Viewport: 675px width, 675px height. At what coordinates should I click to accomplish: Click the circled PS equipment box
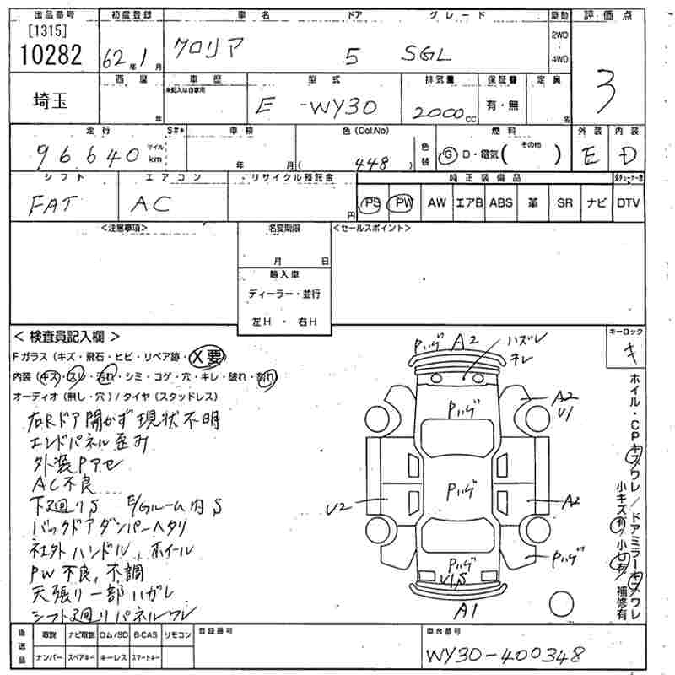[x=370, y=203]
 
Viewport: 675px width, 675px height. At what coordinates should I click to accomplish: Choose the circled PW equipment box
[x=403, y=203]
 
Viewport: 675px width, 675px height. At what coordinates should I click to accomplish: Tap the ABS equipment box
[x=500, y=203]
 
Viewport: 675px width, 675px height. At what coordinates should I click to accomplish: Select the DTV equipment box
[x=628, y=203]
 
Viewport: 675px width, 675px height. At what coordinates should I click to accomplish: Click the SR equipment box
[x=564, y=203]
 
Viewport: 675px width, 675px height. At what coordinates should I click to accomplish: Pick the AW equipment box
[x=436, y=203]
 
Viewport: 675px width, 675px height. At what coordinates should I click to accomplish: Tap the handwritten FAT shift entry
[x=52, y=202]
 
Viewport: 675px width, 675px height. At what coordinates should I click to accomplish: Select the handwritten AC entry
[x=152, y=202]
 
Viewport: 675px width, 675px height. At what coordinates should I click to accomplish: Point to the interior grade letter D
[x=625, y=155]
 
